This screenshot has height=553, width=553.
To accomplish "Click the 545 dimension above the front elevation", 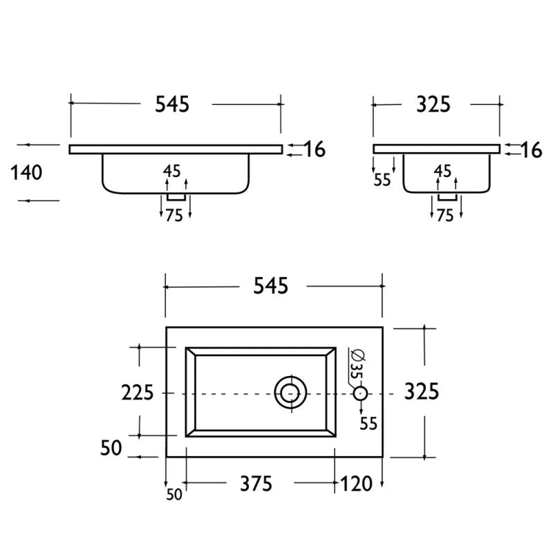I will pyautogui.click(x=172, y=104).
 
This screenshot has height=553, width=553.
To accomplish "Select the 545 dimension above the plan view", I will pyautogui.click(x=270, y=285).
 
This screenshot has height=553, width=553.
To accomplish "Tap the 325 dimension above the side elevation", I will pyautogui.click(x=433, y=104).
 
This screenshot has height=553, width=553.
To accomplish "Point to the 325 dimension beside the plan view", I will pyautogui.click(x=422, y=391).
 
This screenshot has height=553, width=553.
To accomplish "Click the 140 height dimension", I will pyautogui.click(x=26, y=172).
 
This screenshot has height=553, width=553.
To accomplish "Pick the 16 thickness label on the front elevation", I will pyautogui.click(x=315, y=149).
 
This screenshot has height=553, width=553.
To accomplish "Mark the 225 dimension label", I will pyautogui.click(x=138, y=393).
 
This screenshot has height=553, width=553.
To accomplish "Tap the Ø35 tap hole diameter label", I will pyautogui.click(x=355, y=363).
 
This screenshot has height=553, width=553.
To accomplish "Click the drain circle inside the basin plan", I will pyautogui.click(x=290, y=393).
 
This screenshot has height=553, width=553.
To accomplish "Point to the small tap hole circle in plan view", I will pyautogui.click(x=360, y=393).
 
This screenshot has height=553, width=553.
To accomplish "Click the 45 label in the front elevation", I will pyautogui.click(x=172, y=171).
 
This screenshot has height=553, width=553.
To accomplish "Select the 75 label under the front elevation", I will pyautogui.click(x=174, y=216).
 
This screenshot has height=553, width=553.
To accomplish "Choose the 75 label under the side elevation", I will pyautogui.click(x=445, y=216).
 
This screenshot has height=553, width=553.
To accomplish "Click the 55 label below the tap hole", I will pyautogui.click(x=368, y=424).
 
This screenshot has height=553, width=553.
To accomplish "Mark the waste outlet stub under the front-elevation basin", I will pyautogui.click(x=176, y=198).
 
